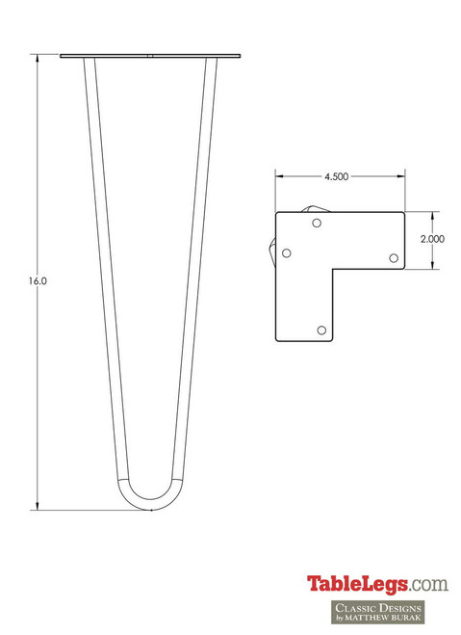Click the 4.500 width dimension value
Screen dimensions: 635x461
coord(336,177)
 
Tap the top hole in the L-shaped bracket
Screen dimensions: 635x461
coord(318,224)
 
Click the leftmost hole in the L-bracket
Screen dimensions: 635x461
coord(286,253)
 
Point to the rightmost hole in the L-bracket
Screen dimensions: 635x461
coord(393,257)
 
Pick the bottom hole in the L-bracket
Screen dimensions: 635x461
coord(321,330)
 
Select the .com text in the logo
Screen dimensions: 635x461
coord(428,584)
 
